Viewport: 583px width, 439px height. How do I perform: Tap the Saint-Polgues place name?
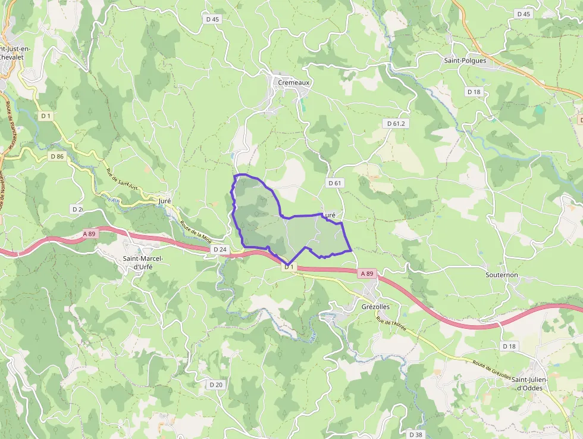465,60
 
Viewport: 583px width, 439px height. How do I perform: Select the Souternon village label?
501,275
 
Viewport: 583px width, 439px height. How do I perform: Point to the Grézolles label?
375,306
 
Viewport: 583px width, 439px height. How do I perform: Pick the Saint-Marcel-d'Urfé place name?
143,263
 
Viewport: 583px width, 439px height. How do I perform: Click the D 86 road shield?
57,156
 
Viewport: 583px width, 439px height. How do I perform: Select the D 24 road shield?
220,250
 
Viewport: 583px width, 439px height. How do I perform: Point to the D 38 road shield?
415,434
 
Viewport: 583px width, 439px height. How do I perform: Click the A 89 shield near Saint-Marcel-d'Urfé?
88,234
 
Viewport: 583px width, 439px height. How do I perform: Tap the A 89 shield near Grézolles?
367,273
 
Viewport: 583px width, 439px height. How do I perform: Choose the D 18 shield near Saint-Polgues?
474,92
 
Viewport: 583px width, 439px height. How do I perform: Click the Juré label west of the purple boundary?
165,201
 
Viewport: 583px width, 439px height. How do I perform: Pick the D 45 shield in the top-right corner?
524,14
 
